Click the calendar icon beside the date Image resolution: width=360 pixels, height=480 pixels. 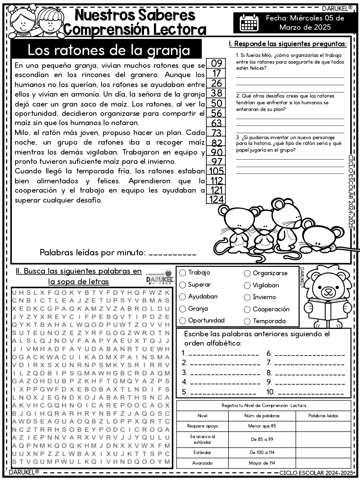[x=249, y=22]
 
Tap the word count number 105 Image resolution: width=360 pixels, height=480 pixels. [x=216, y=171]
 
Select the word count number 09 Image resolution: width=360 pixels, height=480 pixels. [x=217, y=63]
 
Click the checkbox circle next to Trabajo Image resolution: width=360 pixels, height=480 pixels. [x=183, y=273]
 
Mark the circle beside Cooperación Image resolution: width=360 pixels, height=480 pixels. [x=247, y=309]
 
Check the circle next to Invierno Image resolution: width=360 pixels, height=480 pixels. [x=247, y=297]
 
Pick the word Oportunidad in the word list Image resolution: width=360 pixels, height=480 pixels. [x=206, y=320]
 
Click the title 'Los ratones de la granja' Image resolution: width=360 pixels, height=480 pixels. [x=109, y=50]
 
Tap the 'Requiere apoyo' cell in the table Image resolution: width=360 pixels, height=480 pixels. [x=202, y=426]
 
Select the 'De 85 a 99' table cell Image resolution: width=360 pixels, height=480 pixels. [x=262, y=439]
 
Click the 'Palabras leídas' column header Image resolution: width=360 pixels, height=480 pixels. [x=323, y=416]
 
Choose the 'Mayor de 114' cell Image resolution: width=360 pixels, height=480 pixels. [x=262, y=463]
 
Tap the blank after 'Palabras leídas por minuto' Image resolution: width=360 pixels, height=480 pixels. [x=172, y=253]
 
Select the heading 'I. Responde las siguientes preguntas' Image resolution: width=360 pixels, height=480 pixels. [x=288, y=44]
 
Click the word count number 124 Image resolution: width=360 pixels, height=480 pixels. [x=216, y=199]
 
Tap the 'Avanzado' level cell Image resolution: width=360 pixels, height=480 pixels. [x=202, y=463]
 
